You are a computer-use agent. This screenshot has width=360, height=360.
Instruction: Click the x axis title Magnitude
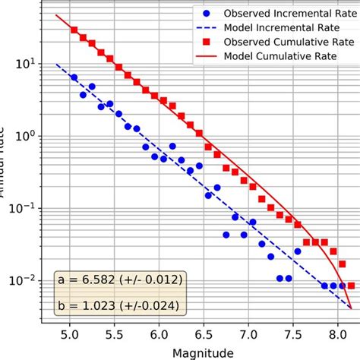[x=203, y=352]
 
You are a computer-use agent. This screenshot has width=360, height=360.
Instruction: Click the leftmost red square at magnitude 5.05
[x=74, y=30]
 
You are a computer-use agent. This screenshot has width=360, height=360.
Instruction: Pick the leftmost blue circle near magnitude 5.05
[x=74, y=77]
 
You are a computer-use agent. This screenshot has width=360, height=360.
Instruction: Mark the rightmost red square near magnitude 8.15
[x=351, y=286]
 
